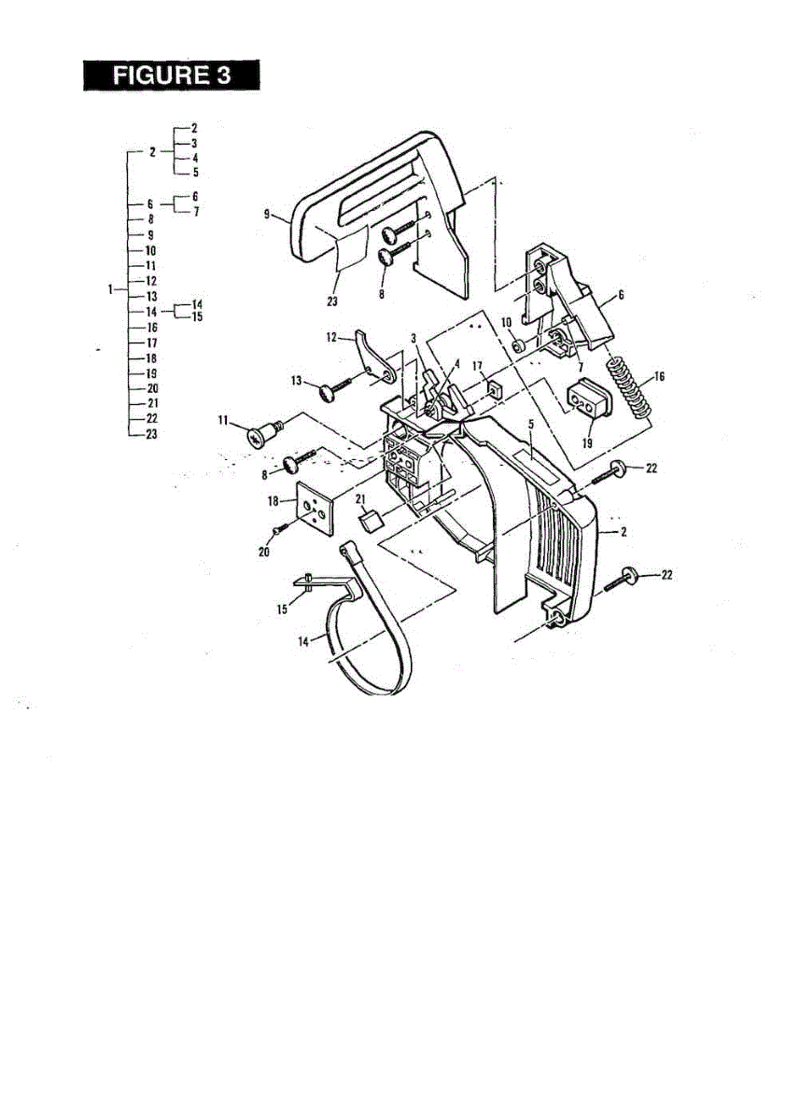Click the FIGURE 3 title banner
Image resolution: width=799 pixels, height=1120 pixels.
[171, 75]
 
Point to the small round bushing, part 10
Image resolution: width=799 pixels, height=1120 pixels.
[520, 346]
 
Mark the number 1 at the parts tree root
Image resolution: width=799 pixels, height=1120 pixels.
[112, 289]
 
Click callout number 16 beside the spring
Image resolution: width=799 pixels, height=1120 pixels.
[659, 378]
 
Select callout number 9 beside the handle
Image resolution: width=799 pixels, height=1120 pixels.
[267, 215]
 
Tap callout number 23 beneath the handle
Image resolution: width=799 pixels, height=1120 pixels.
[332, 301]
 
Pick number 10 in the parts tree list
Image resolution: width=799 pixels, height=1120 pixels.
[150, 251]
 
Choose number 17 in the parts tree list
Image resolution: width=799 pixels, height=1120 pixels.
[150, 343]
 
